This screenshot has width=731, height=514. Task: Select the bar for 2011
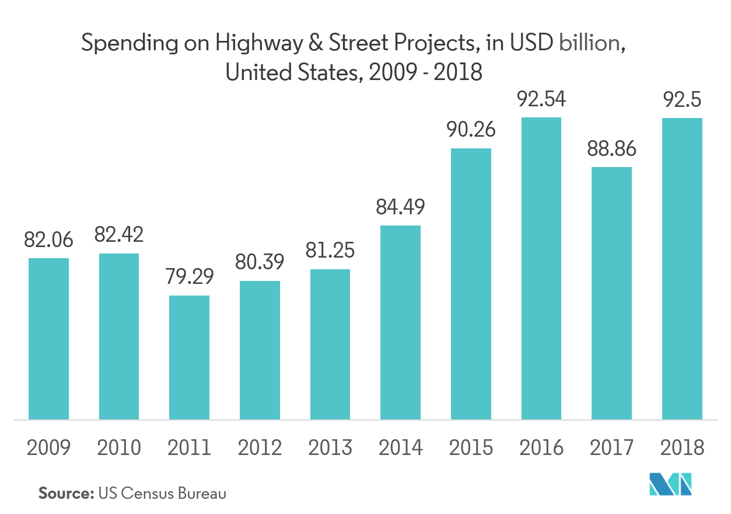pos(189,357)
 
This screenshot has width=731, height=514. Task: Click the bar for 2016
pos(541,269)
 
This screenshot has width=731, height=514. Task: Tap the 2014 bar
pos(400,322)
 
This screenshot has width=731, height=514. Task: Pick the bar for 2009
pos(49,339)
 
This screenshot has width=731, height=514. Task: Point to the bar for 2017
pos(611,293)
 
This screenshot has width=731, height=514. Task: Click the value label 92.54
pos(541,99)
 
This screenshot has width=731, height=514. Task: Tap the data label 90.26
pos(470,129)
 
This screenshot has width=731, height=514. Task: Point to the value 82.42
pos(119,235)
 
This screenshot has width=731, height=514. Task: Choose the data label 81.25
pos(330,250)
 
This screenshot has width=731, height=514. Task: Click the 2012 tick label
pos(260,448)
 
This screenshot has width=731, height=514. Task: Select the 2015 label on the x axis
pos(470,448)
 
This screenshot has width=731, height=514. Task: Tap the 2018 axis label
pos(681,448)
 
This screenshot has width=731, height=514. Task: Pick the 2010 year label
pos(119,448)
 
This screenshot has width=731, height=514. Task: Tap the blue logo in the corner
pos(671,483)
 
